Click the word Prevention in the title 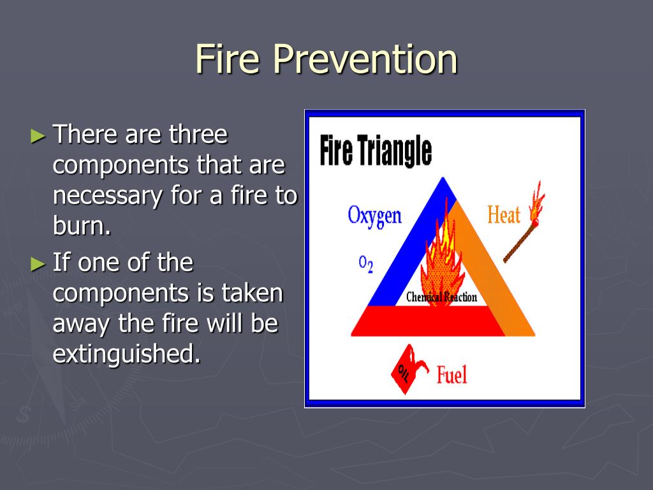[x=365, y=59]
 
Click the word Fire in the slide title [x=228, y=59]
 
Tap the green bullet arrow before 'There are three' [x=38, y=136]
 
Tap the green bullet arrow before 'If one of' [x=38, y=264]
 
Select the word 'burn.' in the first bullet [x=82, y=225]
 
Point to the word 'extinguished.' [x=127, y=353]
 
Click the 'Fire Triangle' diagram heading [x=376, y=151]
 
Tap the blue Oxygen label [x=374, y=216]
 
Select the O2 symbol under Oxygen [x=365, y=264]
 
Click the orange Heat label [x=504, y=215]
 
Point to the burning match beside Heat [x=524, y=223]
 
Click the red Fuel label [x=451, y=374]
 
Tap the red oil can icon [x=409, y=369]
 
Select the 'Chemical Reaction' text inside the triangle [x=441, y=297]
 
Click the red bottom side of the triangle [x=429, y=322]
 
